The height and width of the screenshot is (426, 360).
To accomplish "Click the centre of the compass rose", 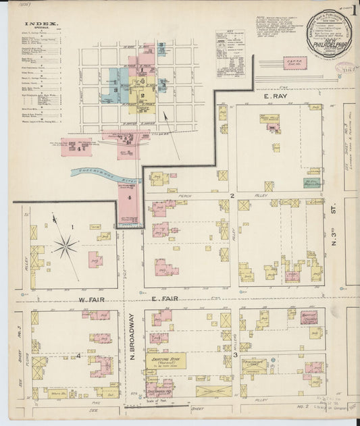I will (x=66, y=245).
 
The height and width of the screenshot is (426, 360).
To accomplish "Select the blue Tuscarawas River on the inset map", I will (x=101, y=174).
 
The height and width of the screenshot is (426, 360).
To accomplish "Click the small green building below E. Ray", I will (x=312, y=182).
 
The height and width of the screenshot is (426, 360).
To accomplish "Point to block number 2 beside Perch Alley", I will (x=231, y=195).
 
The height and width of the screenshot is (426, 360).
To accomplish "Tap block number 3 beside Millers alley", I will (x=235, y=354).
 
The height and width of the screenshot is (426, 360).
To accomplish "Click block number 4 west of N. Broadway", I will (x=79, y=354).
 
